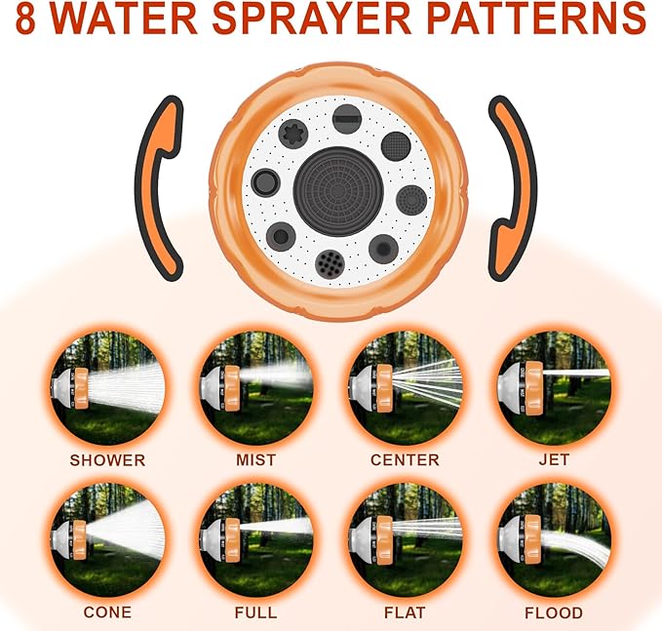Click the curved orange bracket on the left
160,185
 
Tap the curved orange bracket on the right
510,185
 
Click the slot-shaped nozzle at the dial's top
347,120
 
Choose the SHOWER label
107,459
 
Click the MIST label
255,459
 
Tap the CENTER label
405,459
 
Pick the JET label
553,459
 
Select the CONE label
107,612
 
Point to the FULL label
255,612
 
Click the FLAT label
405,612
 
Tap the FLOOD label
553,612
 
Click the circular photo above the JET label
553,386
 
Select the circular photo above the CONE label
107,539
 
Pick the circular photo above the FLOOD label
553,539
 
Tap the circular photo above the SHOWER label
107,386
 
